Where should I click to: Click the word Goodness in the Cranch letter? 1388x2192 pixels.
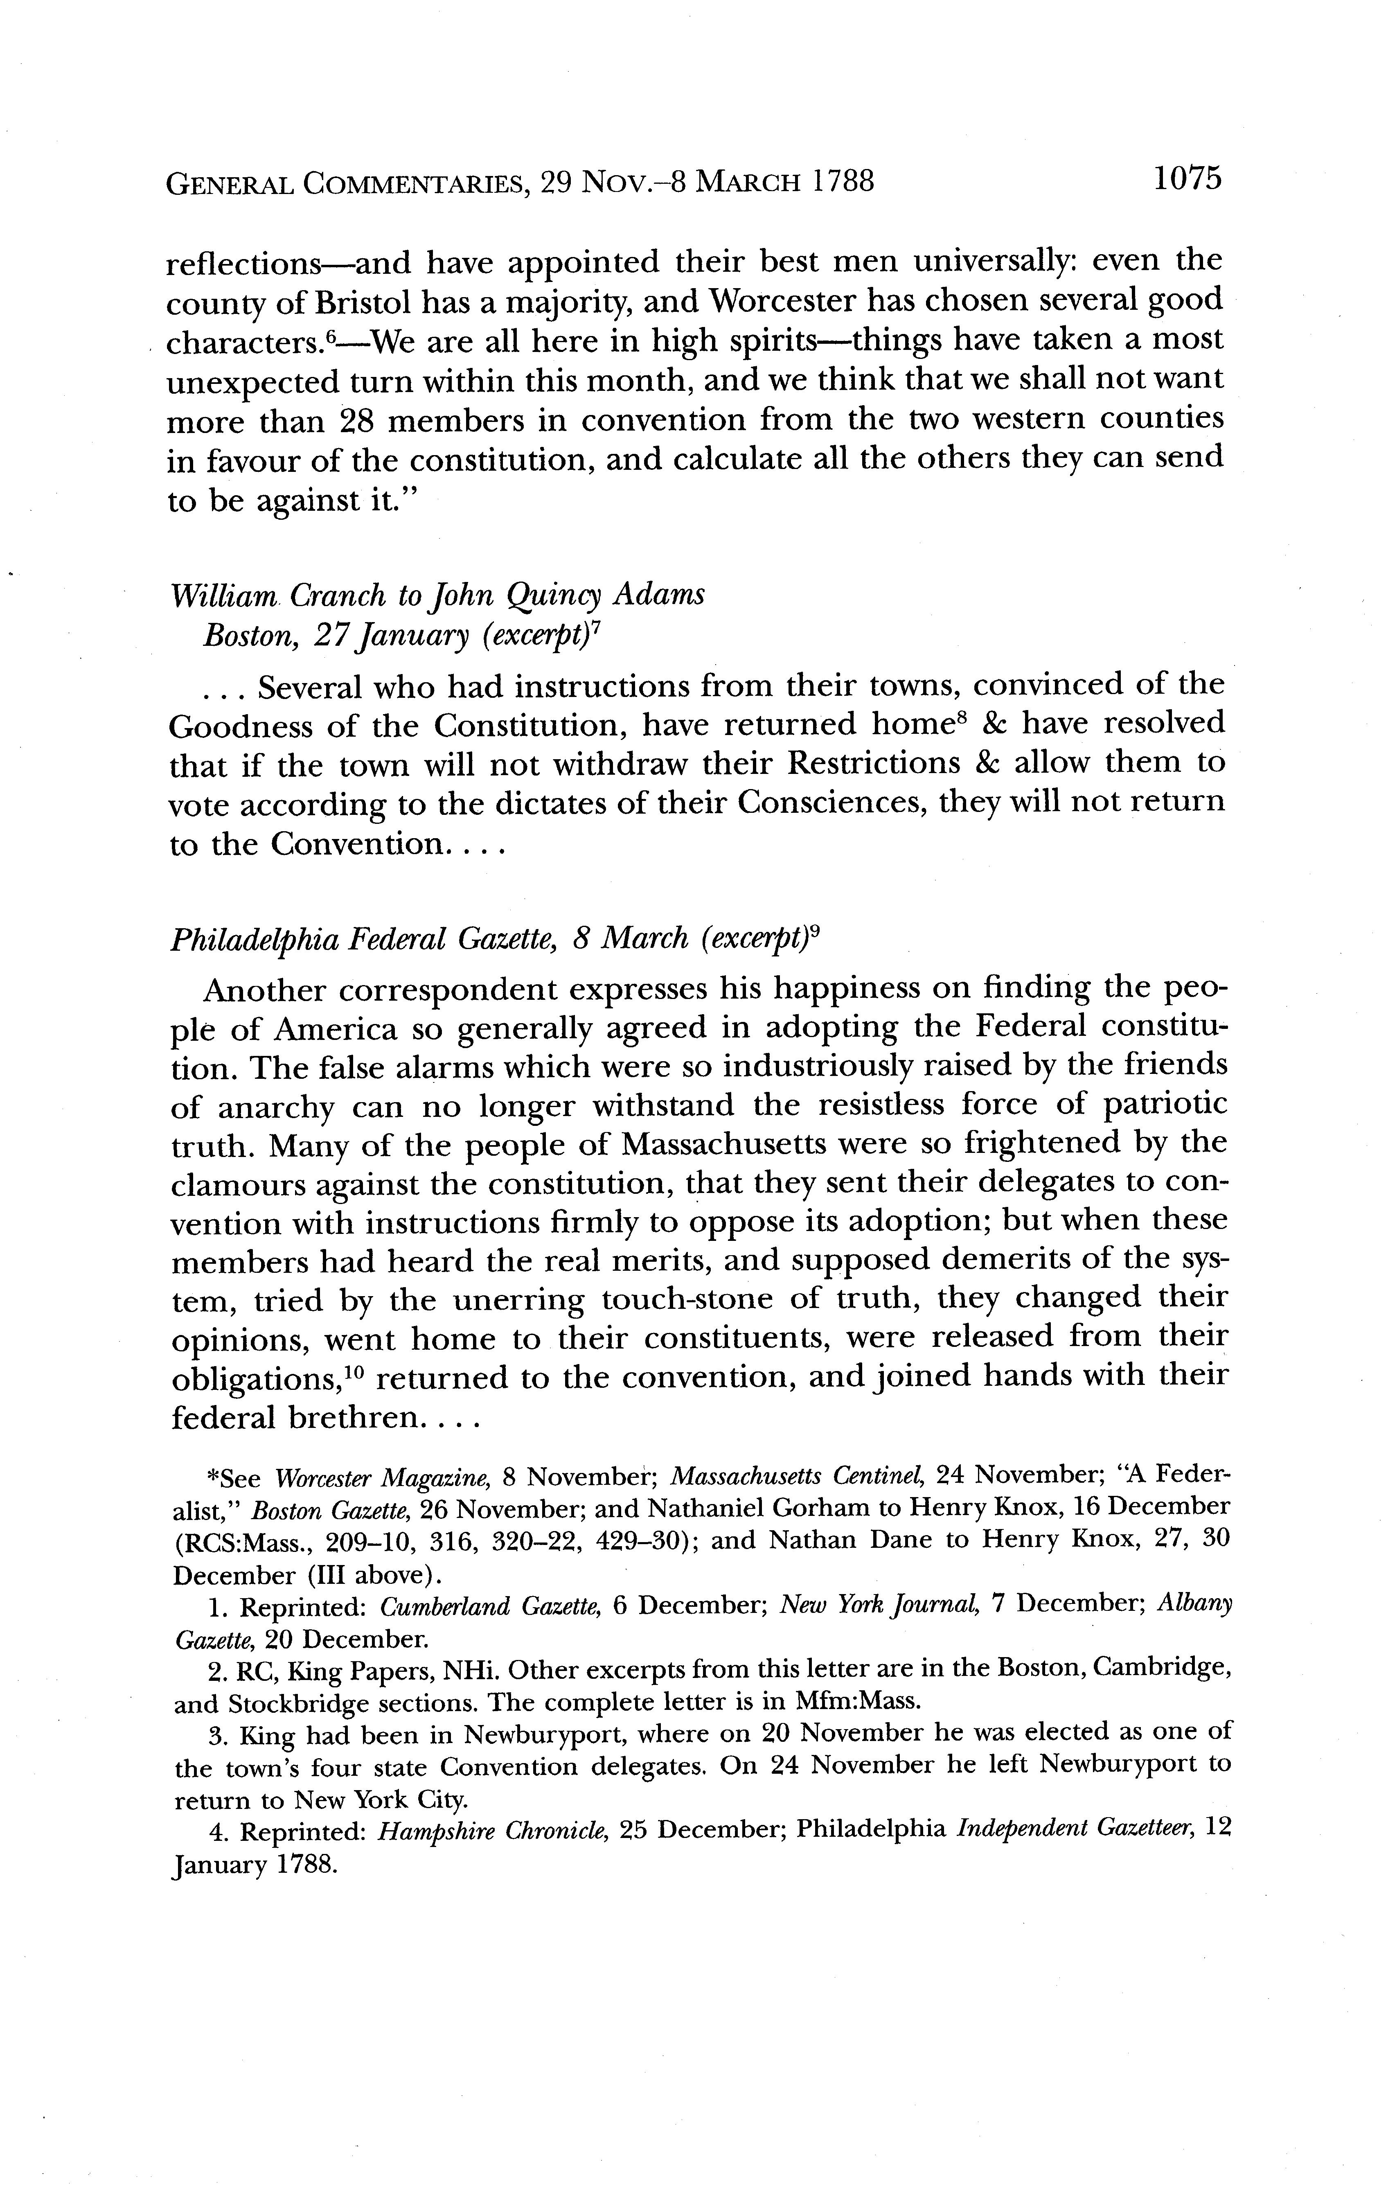pos(240,726)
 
